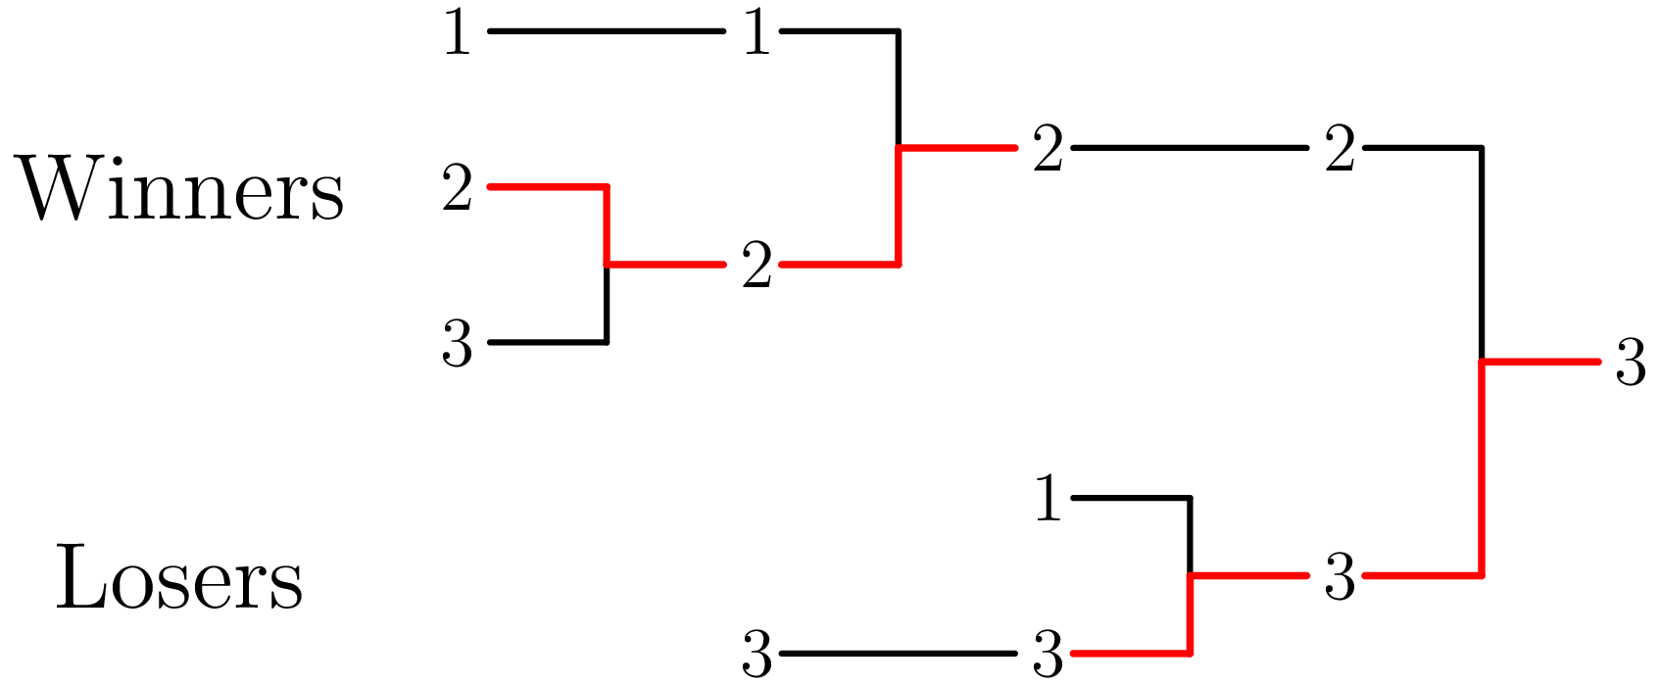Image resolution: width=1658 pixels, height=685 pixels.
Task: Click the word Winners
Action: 181,191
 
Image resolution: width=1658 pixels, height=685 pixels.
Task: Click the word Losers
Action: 179,580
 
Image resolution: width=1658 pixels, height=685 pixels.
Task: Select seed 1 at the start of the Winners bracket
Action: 457,35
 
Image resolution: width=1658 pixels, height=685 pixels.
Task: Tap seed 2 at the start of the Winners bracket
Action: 457,189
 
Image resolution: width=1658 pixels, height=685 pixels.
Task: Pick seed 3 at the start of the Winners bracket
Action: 457,346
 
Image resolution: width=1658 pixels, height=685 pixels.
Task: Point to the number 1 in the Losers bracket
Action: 1048,501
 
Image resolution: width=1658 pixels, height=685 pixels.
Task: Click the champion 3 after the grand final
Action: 1630,364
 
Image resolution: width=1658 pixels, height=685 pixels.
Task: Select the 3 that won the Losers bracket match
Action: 1340,577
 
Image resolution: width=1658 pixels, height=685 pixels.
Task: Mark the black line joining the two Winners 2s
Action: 1191,148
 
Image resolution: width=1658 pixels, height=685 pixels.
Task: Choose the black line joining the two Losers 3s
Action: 897,654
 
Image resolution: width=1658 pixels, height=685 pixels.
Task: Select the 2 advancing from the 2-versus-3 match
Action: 756,268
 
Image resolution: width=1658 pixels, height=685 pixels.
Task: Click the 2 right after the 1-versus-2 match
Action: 1048,152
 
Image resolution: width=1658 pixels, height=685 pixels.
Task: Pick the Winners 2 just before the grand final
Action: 1340,152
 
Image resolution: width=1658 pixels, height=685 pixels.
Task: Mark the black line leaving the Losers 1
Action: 1132,499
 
